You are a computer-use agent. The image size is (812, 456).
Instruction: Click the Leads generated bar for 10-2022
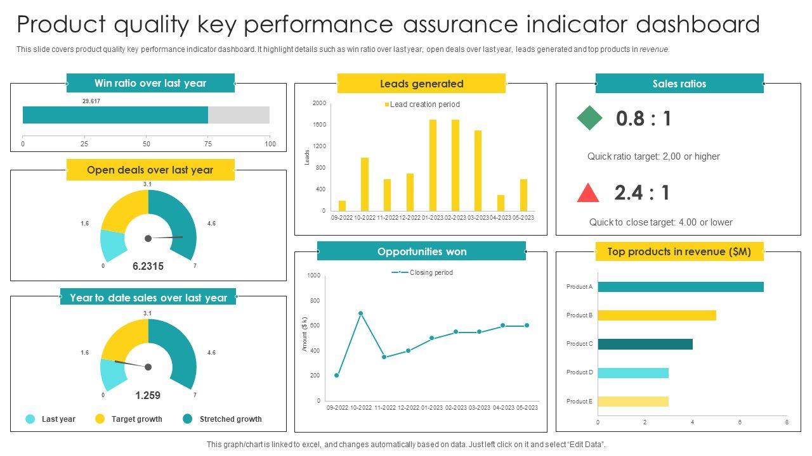coord(364,184)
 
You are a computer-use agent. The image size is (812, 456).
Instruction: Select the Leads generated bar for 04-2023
coord(501,203)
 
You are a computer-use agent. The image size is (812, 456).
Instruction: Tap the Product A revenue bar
coord(680,287)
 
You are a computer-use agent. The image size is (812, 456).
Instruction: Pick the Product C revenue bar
coord(645,344)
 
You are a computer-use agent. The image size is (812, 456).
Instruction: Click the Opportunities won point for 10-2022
coord(361,313)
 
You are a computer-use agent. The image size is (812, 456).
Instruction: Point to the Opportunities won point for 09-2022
coord(337,376)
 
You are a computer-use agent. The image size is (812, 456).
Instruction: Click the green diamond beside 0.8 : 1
coord(589,118)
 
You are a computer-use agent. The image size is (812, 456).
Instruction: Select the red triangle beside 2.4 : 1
coord(588,193)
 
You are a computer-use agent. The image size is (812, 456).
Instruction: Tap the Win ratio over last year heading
coord(150,83)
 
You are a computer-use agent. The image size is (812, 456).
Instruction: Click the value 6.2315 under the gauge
coord(148,267)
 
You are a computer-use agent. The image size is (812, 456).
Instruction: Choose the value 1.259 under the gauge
coord(148,395)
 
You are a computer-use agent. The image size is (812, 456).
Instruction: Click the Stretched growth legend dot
coord(187,419)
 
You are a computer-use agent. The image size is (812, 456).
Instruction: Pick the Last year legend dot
coord(30,419)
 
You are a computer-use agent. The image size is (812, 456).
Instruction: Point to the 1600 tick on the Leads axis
coord(319,125)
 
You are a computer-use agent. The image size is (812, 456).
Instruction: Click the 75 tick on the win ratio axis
coord(208,144)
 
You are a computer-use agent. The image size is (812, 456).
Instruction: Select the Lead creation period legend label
coord(424,104)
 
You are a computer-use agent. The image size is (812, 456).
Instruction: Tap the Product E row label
coord(579,401)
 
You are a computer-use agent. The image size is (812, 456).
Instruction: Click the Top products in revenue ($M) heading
coord(679,251)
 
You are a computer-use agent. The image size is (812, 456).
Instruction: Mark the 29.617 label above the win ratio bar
coord(91,101)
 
